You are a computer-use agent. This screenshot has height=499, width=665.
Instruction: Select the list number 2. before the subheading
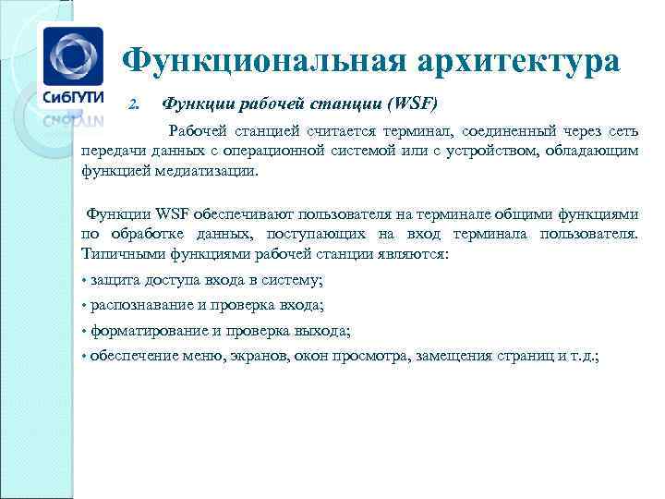tap(133, 103)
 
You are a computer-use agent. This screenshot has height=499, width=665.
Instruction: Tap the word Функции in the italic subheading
tap(193, 102)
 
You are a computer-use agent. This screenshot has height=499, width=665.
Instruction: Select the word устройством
tap(490, 152)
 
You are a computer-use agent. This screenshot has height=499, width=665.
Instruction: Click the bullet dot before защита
tap(84, 280)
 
